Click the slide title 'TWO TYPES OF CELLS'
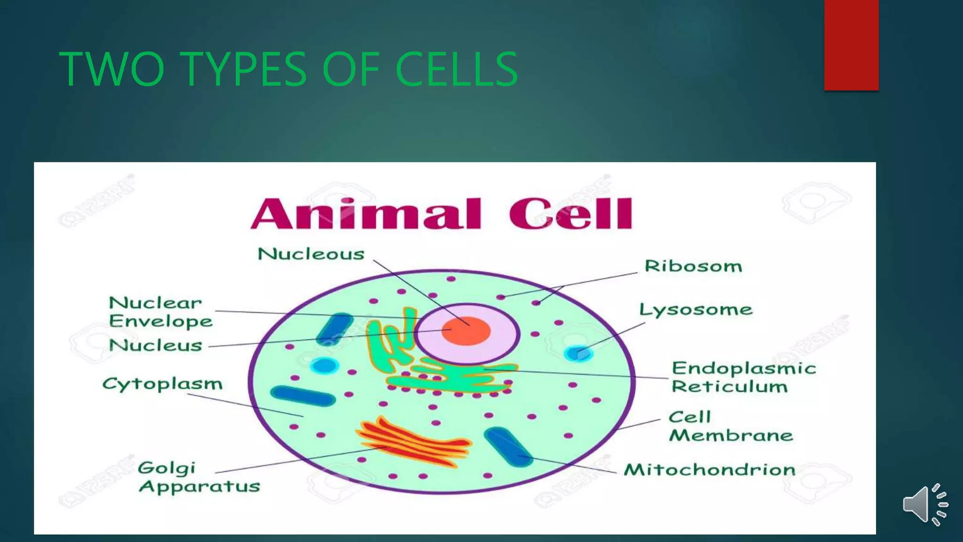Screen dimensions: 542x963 (288, 69)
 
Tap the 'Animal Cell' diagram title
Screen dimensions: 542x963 (441, 214)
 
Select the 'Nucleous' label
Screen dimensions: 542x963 (311, 255)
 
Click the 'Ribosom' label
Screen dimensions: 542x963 (693, 266)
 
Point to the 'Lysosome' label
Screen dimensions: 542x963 (695, 310)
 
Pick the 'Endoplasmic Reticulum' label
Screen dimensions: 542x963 (743, 377)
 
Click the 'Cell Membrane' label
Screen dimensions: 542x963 (730, 426)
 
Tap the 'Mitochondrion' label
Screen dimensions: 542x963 (709, 470)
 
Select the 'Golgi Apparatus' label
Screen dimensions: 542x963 (198, 477)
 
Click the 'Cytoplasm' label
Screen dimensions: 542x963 (162, 384)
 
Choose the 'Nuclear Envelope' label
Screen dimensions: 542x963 (160, 312)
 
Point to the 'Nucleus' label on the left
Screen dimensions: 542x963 (155, 345)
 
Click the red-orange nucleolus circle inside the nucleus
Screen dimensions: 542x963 (466, 331)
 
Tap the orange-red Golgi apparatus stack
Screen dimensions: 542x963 (414, 442)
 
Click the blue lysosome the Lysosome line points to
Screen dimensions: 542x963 (577, 353)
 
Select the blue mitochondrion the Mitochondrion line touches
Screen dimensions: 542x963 (508, 447)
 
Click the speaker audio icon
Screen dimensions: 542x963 (925, 505)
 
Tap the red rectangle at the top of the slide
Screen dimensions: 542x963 (851, 45)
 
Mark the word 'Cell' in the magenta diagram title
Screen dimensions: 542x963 (570, 214)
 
